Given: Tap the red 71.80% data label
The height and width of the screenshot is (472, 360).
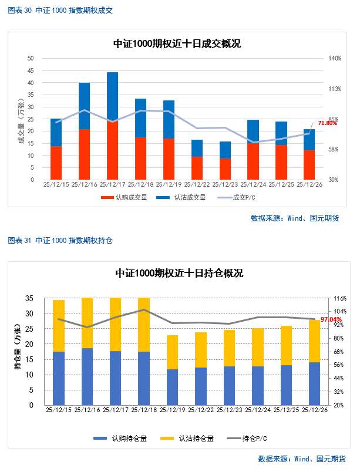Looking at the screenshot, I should (x=327, y=123).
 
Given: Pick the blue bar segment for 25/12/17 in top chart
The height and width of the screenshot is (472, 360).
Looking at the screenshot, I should (x=112, y=97).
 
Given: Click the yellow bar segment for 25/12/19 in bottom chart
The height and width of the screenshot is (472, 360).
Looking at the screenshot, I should (x=172, y=352).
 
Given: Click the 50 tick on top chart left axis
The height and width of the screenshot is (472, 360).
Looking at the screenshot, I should (x=31, y=59).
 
